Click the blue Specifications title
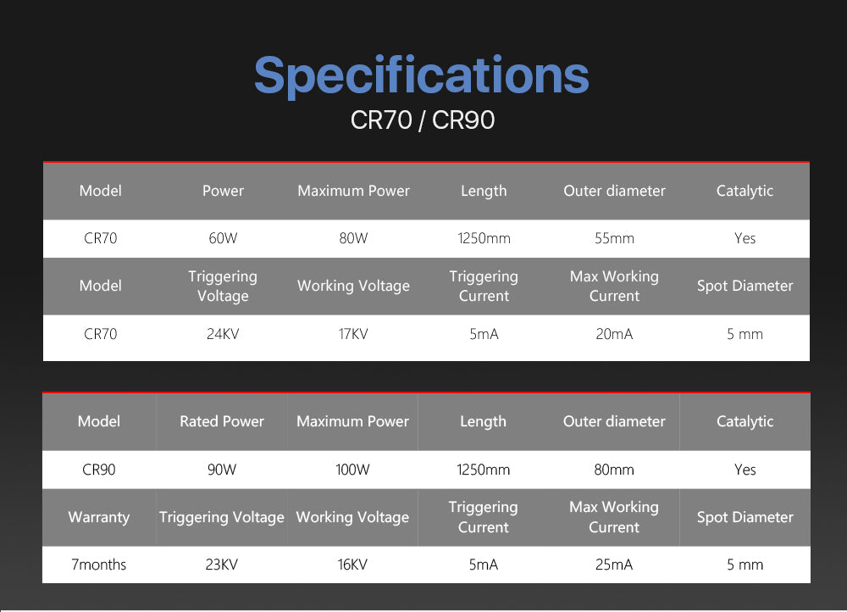[421, 76]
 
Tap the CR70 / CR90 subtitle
[423, 120]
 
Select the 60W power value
[223, 238]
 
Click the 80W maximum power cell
[353, 238]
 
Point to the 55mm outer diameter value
[614, 238]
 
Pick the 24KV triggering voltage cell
[223, 334]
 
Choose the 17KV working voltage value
[353, 334]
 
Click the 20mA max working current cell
[614, 334]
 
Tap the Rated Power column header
[221, 421]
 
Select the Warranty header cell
[99, 517]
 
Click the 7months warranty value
[99, 565]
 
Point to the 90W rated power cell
[221, 470]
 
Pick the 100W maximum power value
[352, 470]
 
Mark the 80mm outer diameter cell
[614, 470]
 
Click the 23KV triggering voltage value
[221, 565]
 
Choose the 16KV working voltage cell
[352, 565]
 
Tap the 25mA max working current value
[614, 565]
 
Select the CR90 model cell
[99, 470]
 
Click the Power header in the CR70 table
[223, 191]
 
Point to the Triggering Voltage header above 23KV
[221, 517]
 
